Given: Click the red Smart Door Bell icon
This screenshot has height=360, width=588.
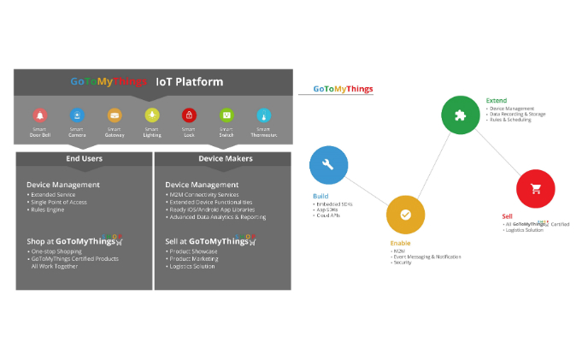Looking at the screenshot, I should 39,115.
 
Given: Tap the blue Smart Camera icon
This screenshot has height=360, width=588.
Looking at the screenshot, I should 77,115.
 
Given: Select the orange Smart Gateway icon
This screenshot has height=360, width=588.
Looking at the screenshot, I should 115,115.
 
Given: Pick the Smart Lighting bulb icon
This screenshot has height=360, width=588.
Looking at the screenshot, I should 152,115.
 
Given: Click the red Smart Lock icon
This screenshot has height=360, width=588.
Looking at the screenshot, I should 189,115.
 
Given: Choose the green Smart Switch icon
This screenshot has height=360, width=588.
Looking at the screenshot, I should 226,115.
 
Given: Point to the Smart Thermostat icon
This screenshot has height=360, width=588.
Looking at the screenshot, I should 264,115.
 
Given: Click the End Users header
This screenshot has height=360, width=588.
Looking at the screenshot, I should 84,158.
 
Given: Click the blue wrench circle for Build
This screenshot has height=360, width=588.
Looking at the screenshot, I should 329,165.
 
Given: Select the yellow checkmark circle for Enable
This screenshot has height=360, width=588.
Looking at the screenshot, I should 405,215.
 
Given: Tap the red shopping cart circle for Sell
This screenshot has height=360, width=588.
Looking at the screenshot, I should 536,189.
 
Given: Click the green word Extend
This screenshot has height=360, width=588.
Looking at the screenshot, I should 496,101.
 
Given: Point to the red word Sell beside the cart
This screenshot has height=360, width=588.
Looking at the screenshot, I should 508,216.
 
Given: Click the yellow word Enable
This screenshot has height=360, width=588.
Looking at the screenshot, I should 394,243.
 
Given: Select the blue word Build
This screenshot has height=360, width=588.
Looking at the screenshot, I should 320,196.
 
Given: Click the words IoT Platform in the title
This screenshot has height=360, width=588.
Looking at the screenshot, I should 189,82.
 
